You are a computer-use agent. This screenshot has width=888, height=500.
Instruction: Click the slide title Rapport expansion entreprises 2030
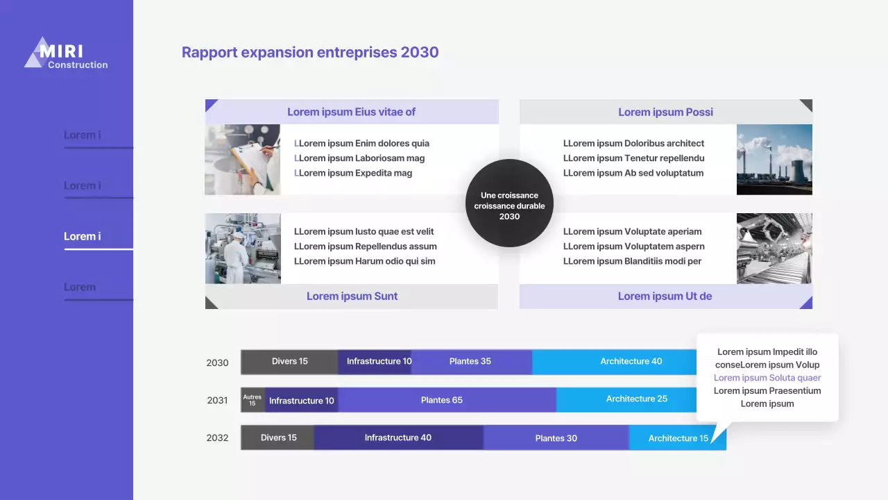(310, 52)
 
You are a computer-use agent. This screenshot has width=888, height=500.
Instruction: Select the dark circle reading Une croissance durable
(509, 203)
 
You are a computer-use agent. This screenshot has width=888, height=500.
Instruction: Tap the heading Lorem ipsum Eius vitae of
(351, 112)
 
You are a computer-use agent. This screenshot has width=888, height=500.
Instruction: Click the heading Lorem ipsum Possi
(665, 112)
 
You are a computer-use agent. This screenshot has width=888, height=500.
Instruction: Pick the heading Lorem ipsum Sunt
(352, 297)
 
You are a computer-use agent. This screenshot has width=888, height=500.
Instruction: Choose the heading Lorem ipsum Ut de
(665, 297)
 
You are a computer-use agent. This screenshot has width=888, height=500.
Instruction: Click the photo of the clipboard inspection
(243, 160)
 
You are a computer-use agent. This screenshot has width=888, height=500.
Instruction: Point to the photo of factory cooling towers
(774, 160)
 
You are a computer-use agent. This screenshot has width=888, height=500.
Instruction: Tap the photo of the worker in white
(243, 249)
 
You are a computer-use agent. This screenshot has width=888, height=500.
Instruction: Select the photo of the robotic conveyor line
(774, 249)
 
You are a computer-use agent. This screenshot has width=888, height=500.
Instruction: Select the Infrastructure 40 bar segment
(398, 437)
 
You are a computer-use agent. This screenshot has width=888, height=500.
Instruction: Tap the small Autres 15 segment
(253, 400)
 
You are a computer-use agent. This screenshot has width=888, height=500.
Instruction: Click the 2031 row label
(217, 400)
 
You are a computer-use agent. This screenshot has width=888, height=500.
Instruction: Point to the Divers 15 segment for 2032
(277, 437)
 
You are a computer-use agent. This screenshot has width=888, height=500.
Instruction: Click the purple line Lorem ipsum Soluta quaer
(767, 378)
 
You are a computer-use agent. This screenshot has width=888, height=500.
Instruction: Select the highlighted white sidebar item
(83, 237)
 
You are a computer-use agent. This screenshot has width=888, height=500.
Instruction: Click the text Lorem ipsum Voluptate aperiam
(632, 232)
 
